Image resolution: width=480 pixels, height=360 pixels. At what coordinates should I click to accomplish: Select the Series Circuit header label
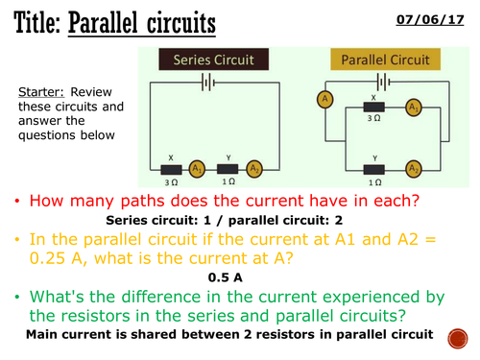click(x=212, y=60)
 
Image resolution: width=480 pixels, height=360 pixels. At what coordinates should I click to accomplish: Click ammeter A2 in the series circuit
click(x=254, y=168)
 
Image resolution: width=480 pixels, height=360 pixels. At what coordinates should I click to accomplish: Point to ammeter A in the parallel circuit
click(x=326, y=100)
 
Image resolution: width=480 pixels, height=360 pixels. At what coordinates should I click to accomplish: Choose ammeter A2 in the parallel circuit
click(x=415, y=168)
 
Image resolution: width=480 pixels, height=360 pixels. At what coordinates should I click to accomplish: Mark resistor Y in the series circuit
click(x=227, y=168)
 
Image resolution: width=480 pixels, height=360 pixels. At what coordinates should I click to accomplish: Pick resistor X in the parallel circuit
click(x=373, y=108)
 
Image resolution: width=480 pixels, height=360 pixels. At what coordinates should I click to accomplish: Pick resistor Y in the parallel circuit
click(x=373, y=168)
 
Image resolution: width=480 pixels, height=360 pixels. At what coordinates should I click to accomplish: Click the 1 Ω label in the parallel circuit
click(x=373, y=180)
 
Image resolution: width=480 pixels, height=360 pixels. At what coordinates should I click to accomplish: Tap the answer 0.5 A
click(x=228, y=276)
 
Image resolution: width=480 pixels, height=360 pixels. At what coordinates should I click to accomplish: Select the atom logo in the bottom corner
click(x=455, y=336)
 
